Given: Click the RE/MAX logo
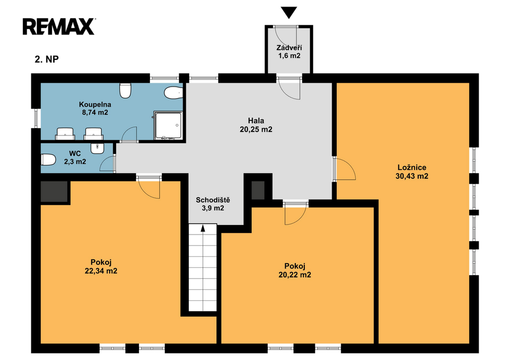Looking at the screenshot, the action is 59,26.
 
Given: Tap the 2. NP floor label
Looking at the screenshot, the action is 46,59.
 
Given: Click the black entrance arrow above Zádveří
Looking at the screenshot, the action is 289,12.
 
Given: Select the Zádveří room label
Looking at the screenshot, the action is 289,48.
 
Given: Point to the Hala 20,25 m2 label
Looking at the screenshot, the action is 256,125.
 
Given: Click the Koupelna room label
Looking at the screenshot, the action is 95,105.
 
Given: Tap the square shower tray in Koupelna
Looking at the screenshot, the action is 168,125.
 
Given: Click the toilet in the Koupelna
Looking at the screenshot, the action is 125,91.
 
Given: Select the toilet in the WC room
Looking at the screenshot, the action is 48,160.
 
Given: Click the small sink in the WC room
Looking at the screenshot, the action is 97,148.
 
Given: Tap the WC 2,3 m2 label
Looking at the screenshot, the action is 75,157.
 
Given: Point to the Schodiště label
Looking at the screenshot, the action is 213,200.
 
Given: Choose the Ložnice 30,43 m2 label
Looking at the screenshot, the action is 412,172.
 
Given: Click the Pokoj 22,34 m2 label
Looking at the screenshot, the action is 101,266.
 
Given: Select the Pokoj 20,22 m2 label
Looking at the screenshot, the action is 295,270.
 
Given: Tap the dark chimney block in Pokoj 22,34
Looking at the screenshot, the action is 54,191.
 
